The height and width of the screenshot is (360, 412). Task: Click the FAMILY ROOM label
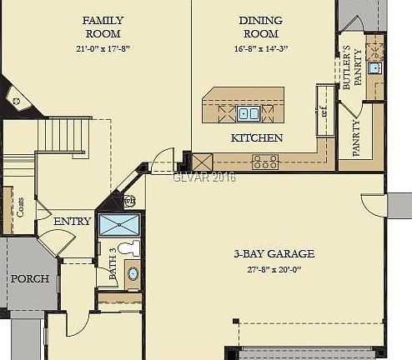click(x=103, y=27)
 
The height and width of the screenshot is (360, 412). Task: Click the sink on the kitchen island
click(x=248, y=112)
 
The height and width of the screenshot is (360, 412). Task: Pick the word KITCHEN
click(x=256, y=137)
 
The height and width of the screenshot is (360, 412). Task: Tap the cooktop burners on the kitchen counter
click(x=265, y=162)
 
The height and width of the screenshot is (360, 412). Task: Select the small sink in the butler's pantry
click(x=374, y=67)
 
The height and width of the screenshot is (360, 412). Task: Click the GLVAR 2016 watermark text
click(x=204, y=177)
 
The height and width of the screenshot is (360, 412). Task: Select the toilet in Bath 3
click(x=126, y=247)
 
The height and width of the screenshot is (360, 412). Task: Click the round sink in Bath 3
click(x=133, y=273)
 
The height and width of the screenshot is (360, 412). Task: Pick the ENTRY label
click(x=73, y=222)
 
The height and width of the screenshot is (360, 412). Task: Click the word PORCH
click(x=29, y=278)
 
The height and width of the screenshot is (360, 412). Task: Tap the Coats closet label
click(x=19, y=207)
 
